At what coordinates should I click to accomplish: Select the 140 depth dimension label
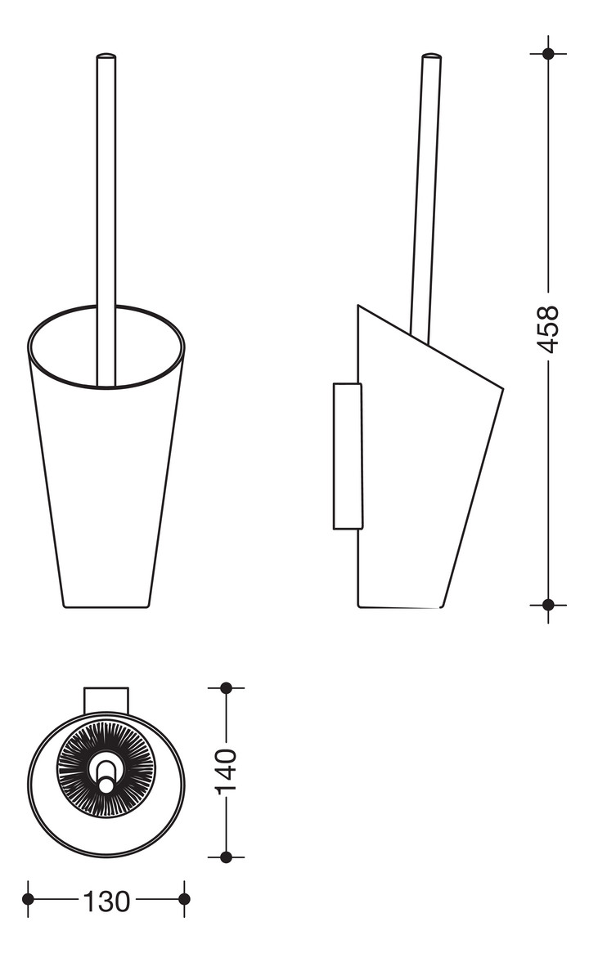coord(227,772)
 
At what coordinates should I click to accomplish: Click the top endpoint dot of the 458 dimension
coord(548,53)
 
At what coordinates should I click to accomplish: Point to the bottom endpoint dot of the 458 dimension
coord(548,605)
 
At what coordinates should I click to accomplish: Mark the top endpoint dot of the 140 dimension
coord(227,688)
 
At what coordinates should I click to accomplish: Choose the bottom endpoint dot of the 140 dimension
coord(227,857)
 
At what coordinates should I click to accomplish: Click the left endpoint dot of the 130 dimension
coord(28,899)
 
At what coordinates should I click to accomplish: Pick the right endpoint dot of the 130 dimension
coord(184,899)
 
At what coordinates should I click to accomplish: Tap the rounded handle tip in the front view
coord(106,56)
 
